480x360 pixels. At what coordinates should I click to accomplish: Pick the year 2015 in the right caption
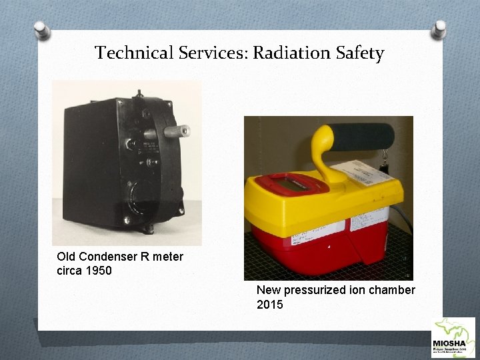coord(269,305)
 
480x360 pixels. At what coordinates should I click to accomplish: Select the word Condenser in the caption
coord(107,257)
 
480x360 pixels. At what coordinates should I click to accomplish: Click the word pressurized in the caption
coord(313,291)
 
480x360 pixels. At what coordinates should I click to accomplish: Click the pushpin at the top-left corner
coord(42,31)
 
